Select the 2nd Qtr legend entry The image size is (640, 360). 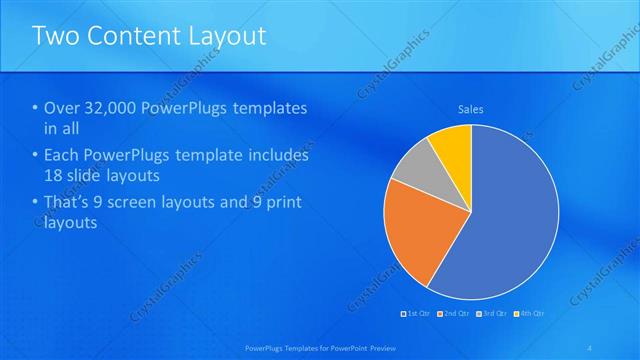click(456, 313)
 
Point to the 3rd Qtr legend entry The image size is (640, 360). click(495, 313)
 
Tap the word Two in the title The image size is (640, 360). click(53, 36)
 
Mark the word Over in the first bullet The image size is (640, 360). click(62, 108)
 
